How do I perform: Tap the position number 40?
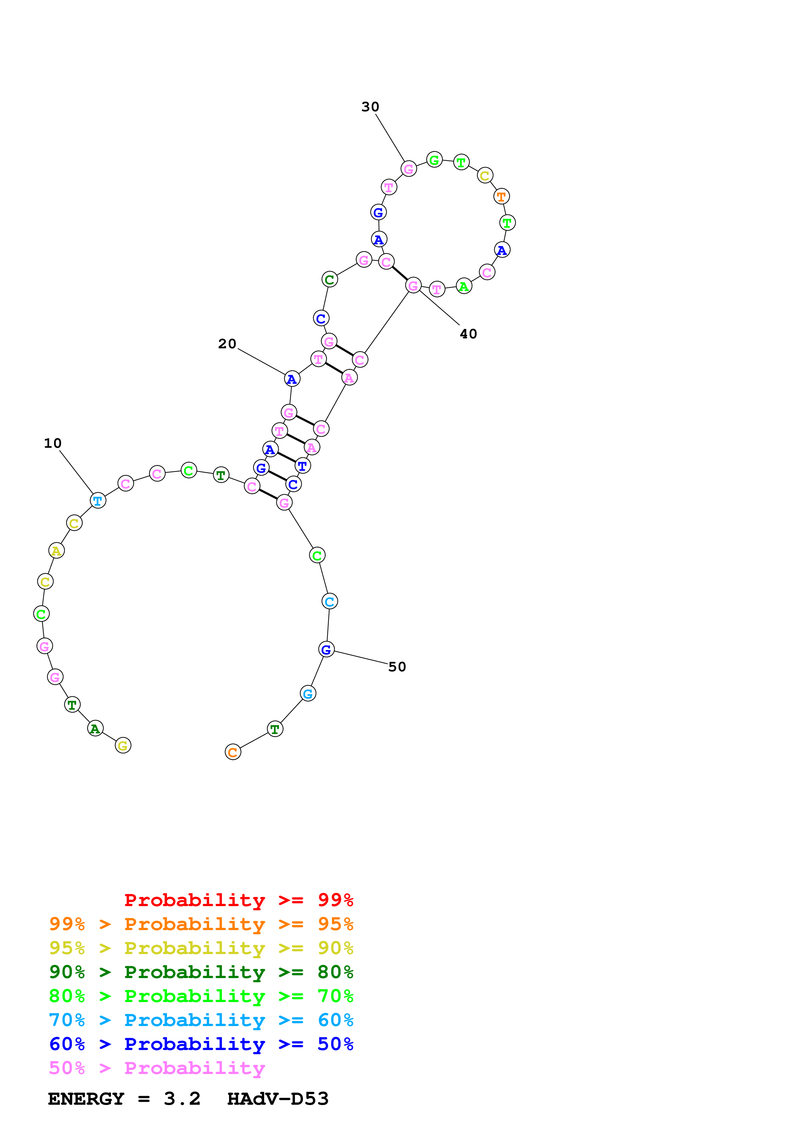(x=468, y=334)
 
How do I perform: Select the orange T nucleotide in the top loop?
(x=501, y=196)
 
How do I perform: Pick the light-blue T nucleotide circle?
(x=98, y=501)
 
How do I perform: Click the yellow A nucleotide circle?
(x=56, y=551)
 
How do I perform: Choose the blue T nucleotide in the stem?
(x=302, y=466)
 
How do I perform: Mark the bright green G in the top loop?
(x=434, y=160)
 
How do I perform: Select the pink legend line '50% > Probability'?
(x=156, y=1068)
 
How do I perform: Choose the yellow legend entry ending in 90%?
(x=201, y=948)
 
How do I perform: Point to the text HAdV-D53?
(x=278, y=1099)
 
